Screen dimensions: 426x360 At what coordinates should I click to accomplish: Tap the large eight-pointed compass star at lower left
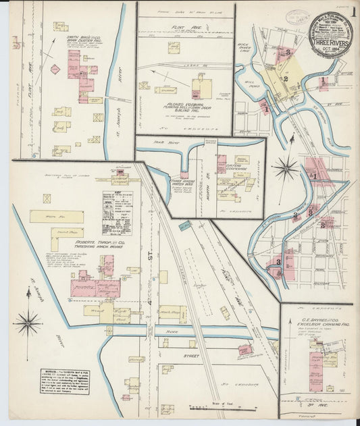(x=28, y=323)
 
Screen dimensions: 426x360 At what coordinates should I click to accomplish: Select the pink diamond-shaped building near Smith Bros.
(x=55, y=69)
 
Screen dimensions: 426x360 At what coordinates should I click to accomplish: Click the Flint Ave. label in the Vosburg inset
(x=185, y=28)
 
